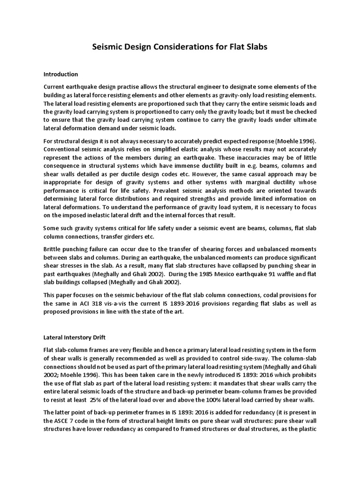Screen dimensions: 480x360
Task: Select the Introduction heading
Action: (60, 74)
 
